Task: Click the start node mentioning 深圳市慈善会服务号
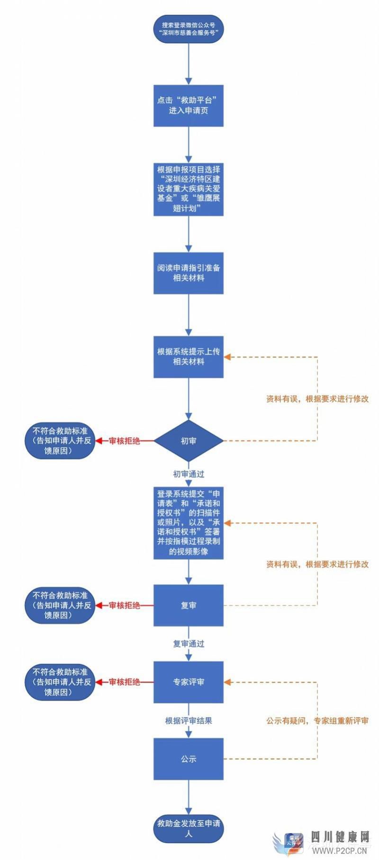coord(189,29)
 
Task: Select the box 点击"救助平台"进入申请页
coord(189,105)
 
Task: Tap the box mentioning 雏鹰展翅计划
coord(189,189)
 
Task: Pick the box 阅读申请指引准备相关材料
coord(189,273)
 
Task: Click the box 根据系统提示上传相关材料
coord(189,357)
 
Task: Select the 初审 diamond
coord(189,441)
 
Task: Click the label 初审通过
coord(189,474)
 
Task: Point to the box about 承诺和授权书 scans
coord(189,522)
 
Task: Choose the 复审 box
coord(189,605)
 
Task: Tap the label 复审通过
coord(189,643)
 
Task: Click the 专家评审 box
coord(189,682)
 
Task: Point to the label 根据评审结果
coord(189,720)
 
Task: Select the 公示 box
coord(189,759)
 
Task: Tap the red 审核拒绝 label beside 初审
coord(125,441)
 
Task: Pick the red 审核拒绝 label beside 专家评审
coord(125,682)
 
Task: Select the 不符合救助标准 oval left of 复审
coord(60,605)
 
